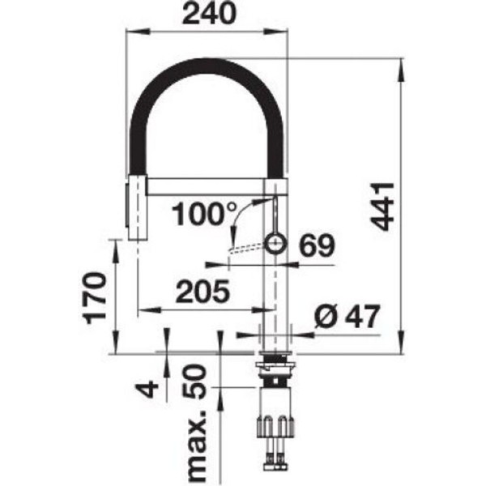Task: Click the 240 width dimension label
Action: click(209, 13)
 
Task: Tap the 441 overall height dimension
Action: click(382, 207)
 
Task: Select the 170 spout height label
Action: click(96, 298)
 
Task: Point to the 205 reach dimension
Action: click(202, 292)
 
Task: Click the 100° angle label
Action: click(204, 214)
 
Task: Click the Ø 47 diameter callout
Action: click(347, 316)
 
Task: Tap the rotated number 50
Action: click(194, 382)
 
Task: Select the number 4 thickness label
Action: click(147, 389)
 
